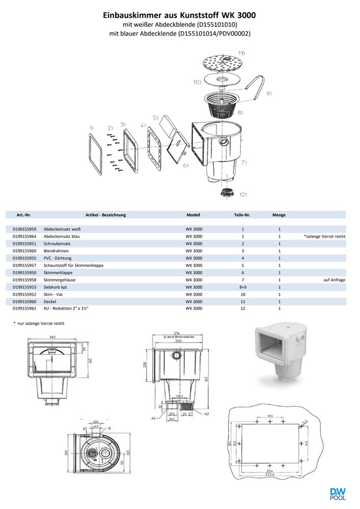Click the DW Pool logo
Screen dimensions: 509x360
(x=338, y=494)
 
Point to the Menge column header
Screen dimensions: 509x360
(x=279, y=215)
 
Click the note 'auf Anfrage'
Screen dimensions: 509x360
(x=334, y=280)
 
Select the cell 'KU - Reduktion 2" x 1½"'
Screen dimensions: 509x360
(x=70, y=308)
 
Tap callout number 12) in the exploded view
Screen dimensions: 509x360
(x=243, y=194)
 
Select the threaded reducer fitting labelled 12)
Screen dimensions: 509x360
(x=226, y=192)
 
